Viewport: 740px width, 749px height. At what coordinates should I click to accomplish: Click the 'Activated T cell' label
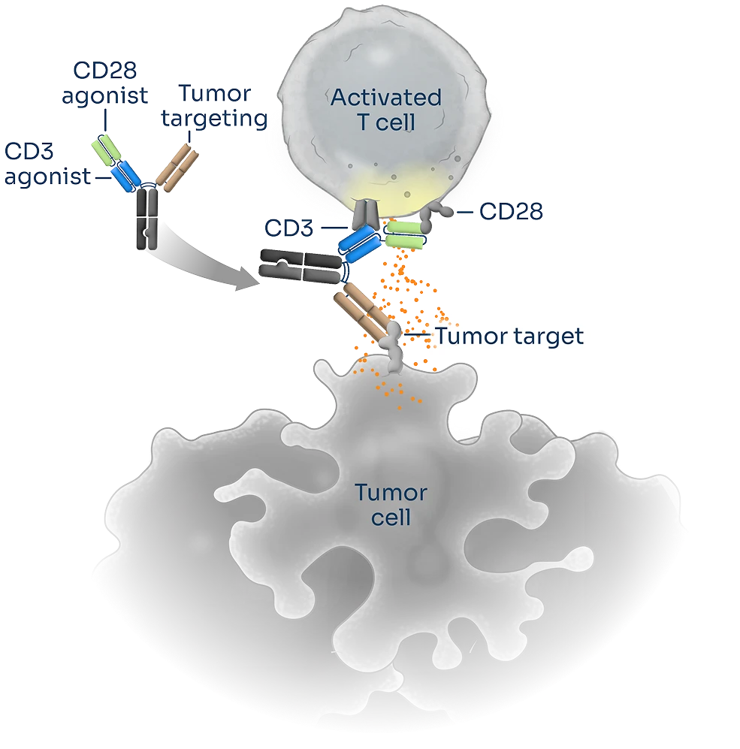click(x=385, y=110)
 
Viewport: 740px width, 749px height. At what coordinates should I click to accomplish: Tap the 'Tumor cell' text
click(x=391, y=505)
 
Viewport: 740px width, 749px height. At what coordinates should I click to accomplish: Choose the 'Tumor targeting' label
click(x=222, y=106)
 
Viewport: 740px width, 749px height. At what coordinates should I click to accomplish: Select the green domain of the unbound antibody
click(x=104, y=149)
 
